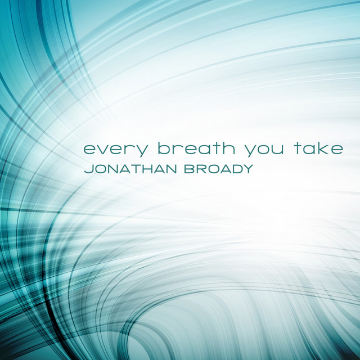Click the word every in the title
115,150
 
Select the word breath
196,148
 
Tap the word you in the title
264,151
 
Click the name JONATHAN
130,169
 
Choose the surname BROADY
219,169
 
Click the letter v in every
106,150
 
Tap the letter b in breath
165,148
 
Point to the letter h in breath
228,148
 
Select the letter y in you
251,151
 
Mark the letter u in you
277,150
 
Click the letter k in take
322,148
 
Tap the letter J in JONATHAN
88,169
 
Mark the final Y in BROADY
247,169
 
